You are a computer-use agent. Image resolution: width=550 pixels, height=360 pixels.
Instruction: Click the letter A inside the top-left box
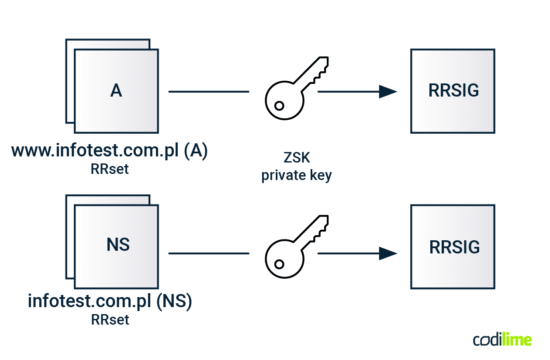(116, 90)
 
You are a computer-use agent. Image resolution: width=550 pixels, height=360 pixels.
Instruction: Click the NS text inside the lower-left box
(118, 245)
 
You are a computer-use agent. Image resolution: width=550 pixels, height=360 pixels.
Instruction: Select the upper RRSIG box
(453, 91)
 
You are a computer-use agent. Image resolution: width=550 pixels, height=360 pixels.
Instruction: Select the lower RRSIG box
(453, 246)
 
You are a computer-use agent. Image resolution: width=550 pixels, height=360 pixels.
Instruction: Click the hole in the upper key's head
(279, 105)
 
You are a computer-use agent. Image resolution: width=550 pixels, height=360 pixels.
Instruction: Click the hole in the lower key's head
(279, 264)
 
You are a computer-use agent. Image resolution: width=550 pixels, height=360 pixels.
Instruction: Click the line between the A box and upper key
(208, 92)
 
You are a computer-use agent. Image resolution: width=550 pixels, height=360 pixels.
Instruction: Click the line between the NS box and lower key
(208, 253)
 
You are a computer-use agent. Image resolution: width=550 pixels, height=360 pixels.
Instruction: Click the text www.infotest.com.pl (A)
(110, 151)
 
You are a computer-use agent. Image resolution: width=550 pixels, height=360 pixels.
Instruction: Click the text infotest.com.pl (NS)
(110, 302)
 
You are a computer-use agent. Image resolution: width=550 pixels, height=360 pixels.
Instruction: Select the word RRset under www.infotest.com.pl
(110, 169)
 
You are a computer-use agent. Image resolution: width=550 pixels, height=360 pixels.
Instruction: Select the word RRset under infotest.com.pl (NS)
(110, 320)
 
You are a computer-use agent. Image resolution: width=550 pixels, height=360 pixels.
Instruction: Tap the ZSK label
(296, 157)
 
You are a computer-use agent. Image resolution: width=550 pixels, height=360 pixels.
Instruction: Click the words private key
(296, 175)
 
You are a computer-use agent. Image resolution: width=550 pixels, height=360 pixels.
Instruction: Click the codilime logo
(502, 340)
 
